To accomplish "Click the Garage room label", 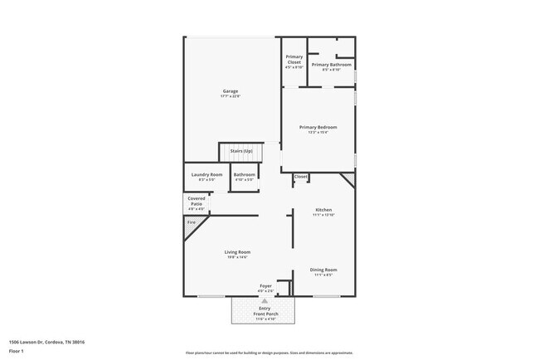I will (x=230, y=91).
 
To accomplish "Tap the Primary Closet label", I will (x=294, y=60).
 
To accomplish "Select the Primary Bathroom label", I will (x=332, y=65).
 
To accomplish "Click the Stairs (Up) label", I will (x=241, y=151).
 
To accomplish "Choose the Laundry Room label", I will (x=206, y=175).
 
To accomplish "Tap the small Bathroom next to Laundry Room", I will (x=244, y=175).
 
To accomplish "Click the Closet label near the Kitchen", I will (x=300, y=177).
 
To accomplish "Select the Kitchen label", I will (x=323, y=211).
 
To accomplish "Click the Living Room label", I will (x=237, y=252).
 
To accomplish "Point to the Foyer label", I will (x=265, y=286).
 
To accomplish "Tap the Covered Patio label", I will (x=197, y=202).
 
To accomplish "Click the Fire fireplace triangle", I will (x=191, y=222).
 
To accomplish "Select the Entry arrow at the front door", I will (x=265, y=300).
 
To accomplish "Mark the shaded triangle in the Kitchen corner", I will (x=350, y=178).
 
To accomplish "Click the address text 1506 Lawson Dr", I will (x=46, y=341).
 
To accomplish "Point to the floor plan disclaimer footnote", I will (x=269, y=353).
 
